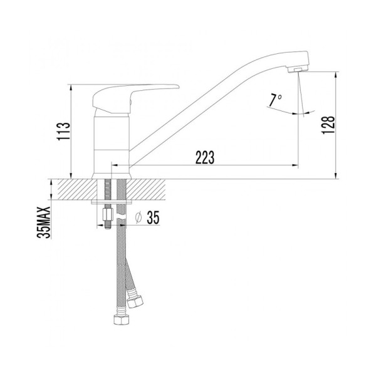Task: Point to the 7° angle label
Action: click(x=275, y=100)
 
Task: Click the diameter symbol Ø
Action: click(x=138, y=218)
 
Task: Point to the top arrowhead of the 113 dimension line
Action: click(x=70, y=87)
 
